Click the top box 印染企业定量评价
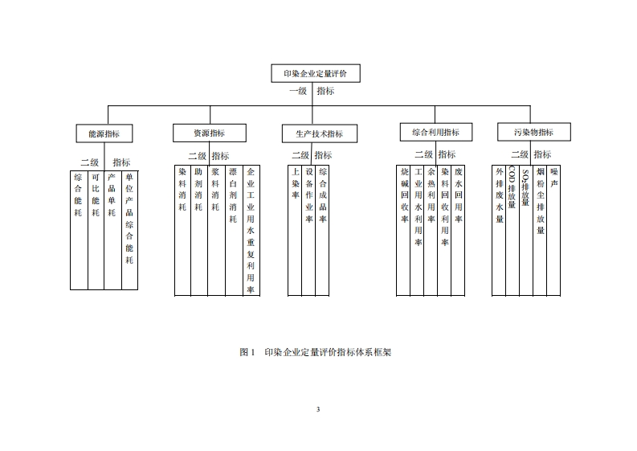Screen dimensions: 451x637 coord(315,73)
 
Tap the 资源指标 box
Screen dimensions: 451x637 coord(209,133)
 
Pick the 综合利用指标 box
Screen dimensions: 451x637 coord(435,132)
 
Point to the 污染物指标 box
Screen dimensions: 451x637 coord(533,132)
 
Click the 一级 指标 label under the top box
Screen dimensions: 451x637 coord(312,92)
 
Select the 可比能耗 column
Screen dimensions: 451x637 coord(96,229)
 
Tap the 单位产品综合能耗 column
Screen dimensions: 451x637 coord(130,229)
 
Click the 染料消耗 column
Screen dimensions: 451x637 coord(182,230)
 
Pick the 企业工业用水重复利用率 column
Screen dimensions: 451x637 coord(251,230)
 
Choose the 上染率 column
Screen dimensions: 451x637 coord(296,230)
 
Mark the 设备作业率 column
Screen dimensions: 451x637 coord(309,230)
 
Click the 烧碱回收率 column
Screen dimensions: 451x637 coord(404,230)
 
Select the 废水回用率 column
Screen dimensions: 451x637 coord(458,230)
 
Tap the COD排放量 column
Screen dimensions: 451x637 coord(512,230)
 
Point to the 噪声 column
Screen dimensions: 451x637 coord(554,230)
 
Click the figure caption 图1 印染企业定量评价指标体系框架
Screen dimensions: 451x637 coord(316,352)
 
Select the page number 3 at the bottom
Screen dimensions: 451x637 coord(318,410)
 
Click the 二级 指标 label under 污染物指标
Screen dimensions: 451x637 coord(532,154)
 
